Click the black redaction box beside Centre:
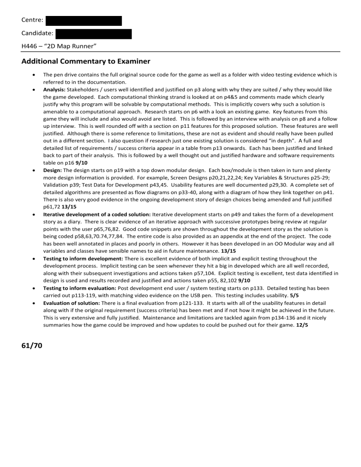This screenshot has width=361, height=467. point(84,21)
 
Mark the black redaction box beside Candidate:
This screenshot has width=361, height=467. point(94,33)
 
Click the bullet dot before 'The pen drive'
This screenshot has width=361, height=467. point(31,74)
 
